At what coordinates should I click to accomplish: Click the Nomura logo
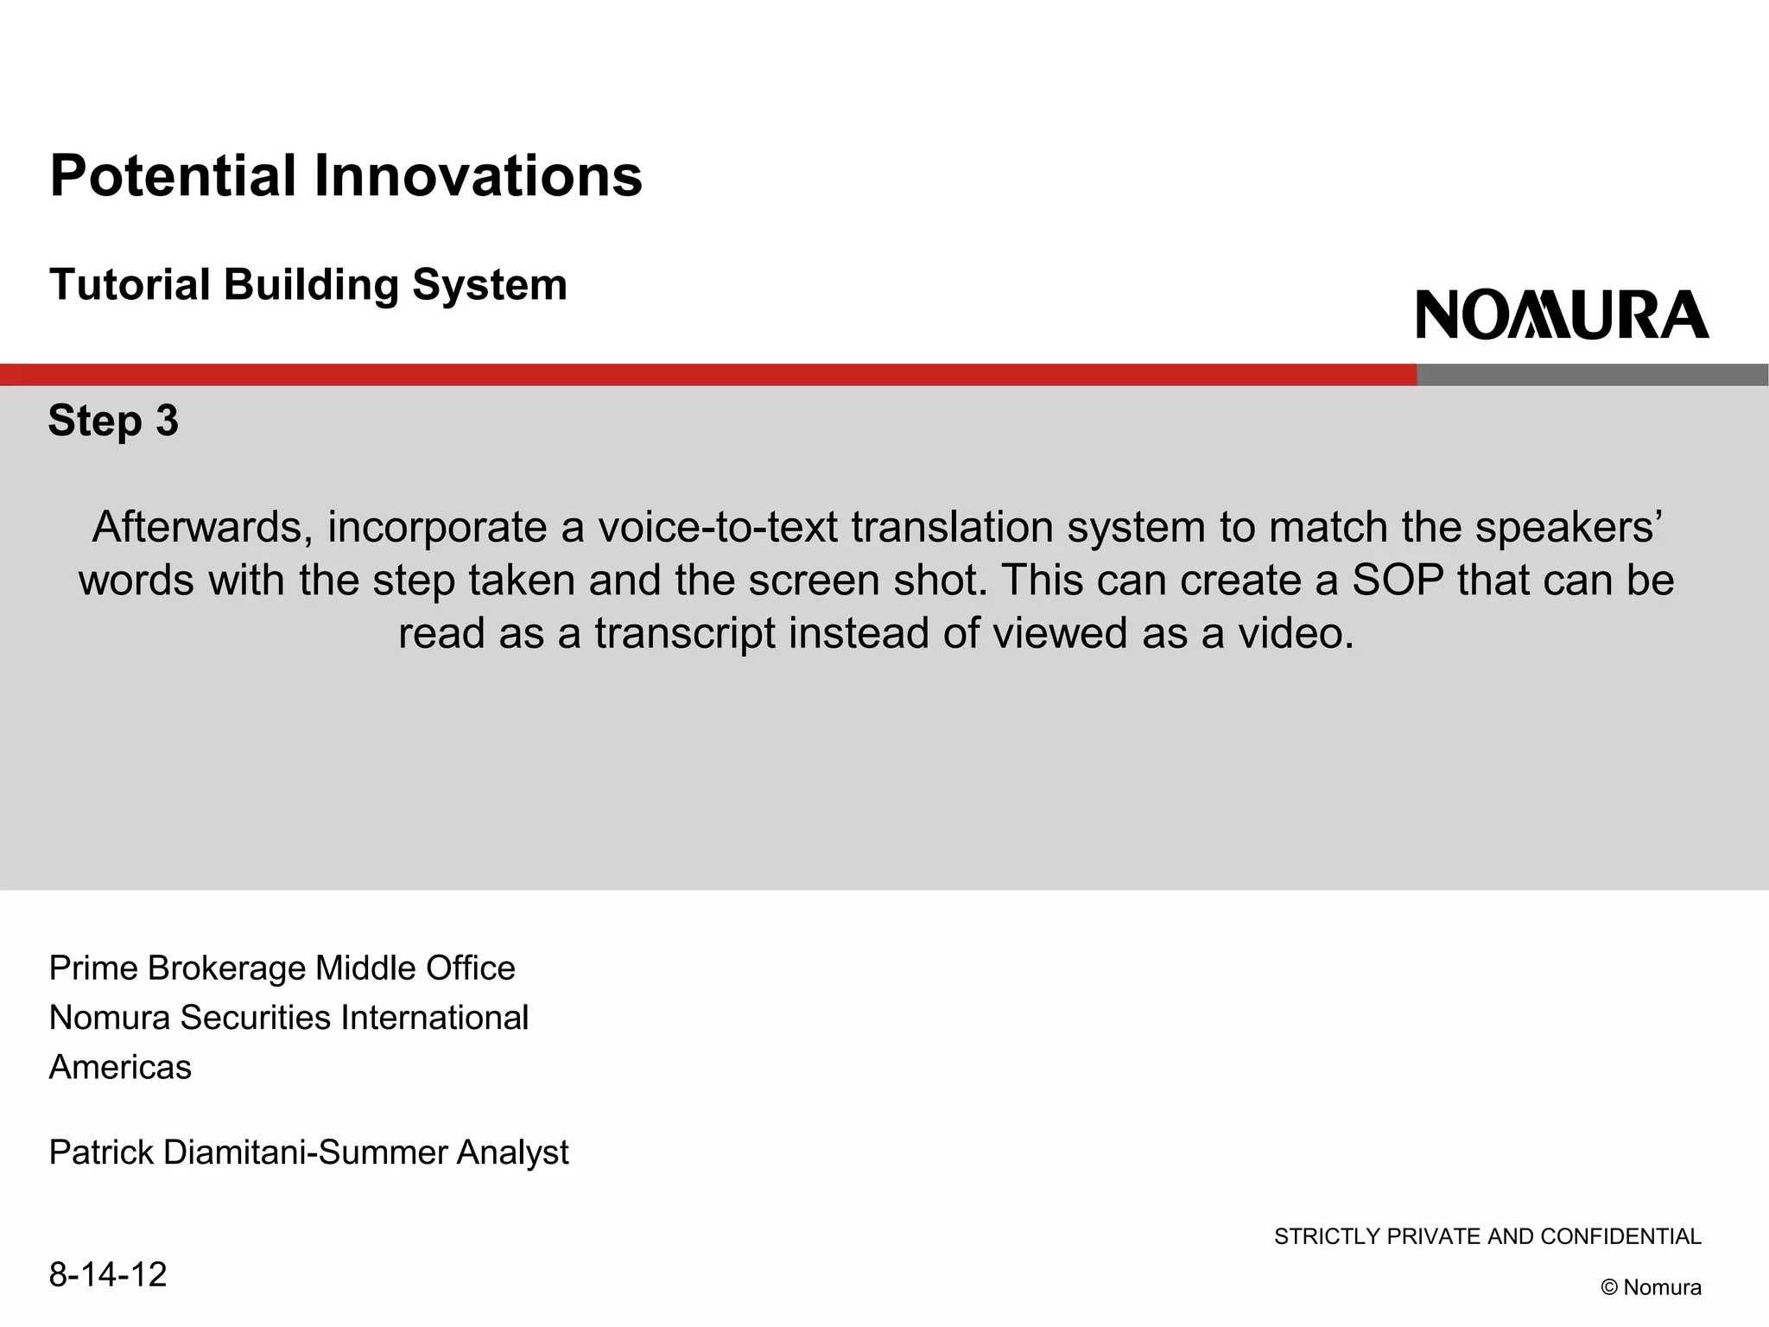[1562, 314]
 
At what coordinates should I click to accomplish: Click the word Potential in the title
[173, 176]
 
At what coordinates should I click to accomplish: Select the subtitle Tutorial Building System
[308, 285]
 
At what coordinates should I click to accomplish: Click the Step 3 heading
[113, 421]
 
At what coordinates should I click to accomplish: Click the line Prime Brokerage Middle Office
[282, 968]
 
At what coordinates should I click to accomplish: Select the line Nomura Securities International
[288, 1018]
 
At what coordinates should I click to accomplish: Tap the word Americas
[120, 1068]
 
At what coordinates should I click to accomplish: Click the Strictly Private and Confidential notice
[1487, 1237]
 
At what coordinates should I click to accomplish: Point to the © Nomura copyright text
[1651, 1287]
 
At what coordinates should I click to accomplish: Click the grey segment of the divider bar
[1592, 375]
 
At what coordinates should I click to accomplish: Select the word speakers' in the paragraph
[1565, 527]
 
